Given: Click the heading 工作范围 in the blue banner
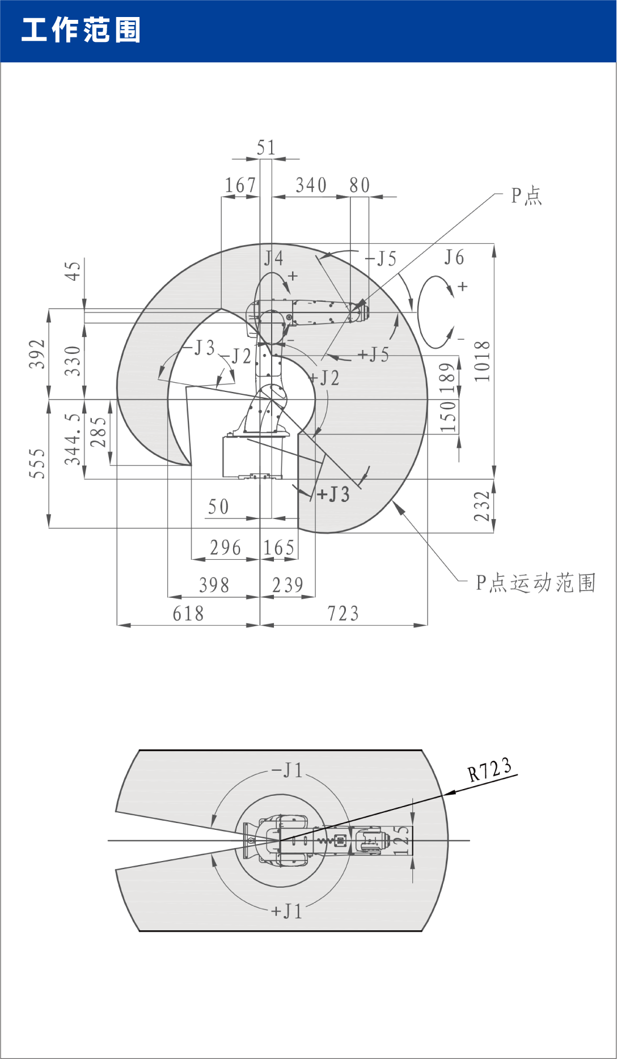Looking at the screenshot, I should pos(81,30).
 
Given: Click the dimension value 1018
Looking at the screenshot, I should pos(482,361).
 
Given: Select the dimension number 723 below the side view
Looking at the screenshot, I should pos(343,614).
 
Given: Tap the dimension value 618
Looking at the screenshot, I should pos(188,614).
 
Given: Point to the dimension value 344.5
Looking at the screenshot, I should pos(73,438).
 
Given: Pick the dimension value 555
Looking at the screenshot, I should pos(37,463).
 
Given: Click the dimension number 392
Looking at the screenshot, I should pos(37,354).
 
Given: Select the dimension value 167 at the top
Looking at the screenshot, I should pos(240,185).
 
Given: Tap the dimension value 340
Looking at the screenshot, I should pos(311,185).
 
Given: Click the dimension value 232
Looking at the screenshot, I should pos(482,506).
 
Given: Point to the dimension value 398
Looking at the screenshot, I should pos(214,585).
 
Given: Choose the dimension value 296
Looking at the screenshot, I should pos(225,548).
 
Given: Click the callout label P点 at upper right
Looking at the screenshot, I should pos(526,196).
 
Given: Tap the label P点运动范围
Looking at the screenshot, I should pos(535,583).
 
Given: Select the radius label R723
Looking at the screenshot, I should pos(489,770).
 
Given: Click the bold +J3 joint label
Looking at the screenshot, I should pos(333,495).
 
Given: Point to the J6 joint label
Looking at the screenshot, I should pos(454,258).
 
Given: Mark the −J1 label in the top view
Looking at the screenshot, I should pos(288,770).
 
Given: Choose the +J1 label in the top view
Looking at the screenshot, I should pos(287,911).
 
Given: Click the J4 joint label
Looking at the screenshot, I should pos(273,259).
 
